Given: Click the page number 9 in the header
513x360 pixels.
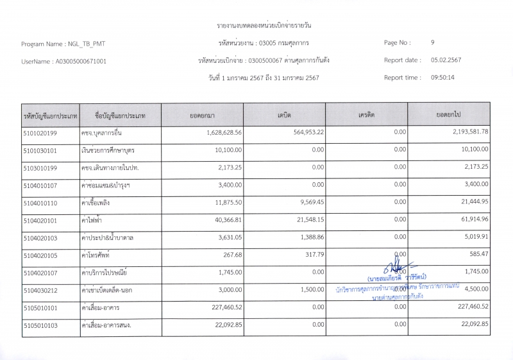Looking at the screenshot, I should pos(433,43).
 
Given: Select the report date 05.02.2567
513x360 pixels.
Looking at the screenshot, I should pos(446,60).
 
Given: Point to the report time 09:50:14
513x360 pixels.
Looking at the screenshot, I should pos(442,78).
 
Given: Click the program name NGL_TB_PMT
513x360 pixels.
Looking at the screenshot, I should pos(86,44).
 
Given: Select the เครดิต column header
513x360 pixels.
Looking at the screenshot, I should pos(367,115).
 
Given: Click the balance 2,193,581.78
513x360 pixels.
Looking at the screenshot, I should pos(466,132).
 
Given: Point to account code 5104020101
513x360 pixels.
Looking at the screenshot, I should pos(40,220).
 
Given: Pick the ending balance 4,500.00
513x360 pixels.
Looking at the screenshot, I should pos(475,289).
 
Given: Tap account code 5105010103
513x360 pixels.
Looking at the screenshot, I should pos(40,325).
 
